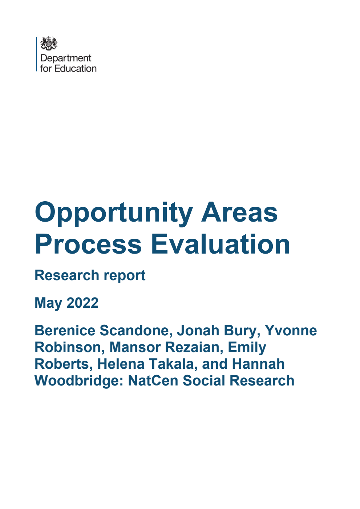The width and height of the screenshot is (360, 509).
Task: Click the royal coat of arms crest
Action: coord(49,44)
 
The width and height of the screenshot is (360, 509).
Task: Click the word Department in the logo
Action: coord(66,58)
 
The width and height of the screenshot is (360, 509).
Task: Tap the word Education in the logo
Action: coord(76,68)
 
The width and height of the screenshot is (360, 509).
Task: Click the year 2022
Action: coord(82,303)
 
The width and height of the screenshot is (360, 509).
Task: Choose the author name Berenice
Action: coord(65,331)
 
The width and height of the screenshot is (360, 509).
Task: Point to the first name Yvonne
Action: coord(291,331)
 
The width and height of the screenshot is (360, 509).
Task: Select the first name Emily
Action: coord(247,348)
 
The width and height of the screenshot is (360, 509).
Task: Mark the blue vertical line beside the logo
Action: coord(37,54)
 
